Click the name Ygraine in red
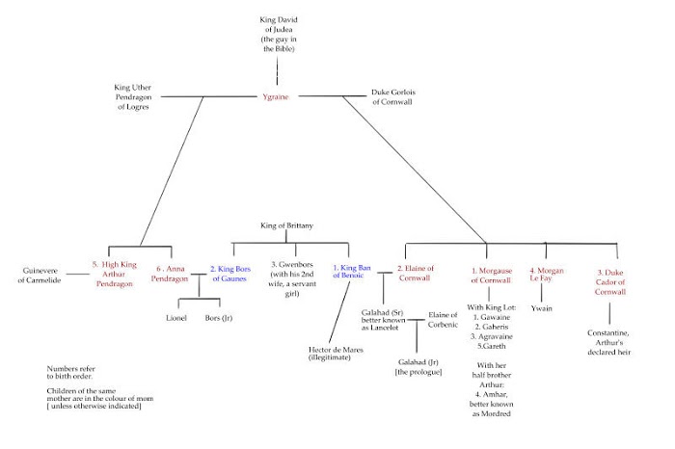(x=277, y=96)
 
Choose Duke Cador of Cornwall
(x=609, y=278)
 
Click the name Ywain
(x=545, y=306)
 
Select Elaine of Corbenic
(x=443, y=320)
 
